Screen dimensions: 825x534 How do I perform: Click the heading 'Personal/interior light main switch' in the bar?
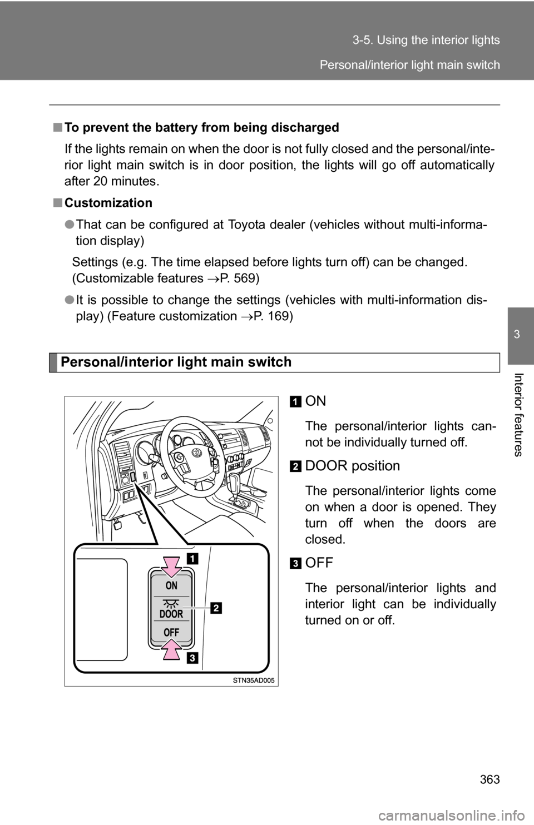click(x=176, y=362)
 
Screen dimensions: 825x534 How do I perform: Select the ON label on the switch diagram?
click(x=171, y=585)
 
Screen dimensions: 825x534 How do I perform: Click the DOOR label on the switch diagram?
click(x=171, y=614)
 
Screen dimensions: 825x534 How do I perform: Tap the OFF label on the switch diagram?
click(x=171, y=633)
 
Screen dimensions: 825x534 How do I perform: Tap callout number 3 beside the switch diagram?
click(x=191, y=659)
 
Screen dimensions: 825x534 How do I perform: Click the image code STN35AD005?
click(x=254, y=680)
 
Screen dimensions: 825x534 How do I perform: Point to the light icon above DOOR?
click(x=171, y=601)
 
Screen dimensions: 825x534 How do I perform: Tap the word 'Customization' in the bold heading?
click(x=108, y=203)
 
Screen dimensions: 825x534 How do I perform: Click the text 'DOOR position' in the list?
click(x=353, y=466)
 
